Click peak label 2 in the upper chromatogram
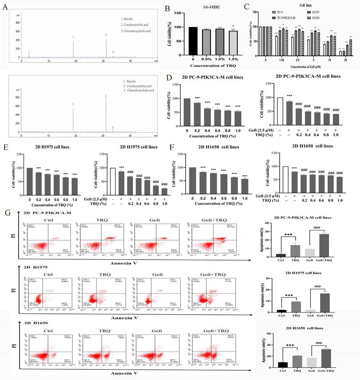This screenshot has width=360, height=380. pos(106,35)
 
